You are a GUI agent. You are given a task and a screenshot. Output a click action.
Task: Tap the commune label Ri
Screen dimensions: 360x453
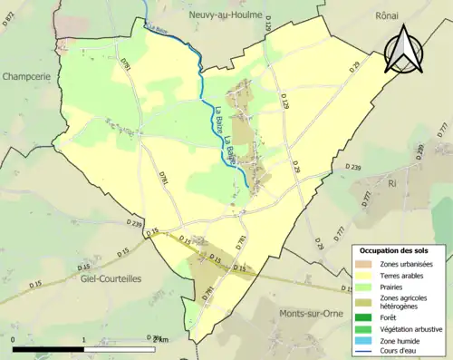(391, 183)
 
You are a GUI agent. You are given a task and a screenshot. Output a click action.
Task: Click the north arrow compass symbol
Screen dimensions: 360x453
(403, 49)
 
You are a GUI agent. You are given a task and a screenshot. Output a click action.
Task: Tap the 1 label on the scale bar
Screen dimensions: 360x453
(84, 339)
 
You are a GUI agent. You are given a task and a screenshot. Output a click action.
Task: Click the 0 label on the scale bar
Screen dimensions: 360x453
(14, 339)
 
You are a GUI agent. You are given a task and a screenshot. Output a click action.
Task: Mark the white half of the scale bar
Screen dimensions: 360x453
(120, 348)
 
